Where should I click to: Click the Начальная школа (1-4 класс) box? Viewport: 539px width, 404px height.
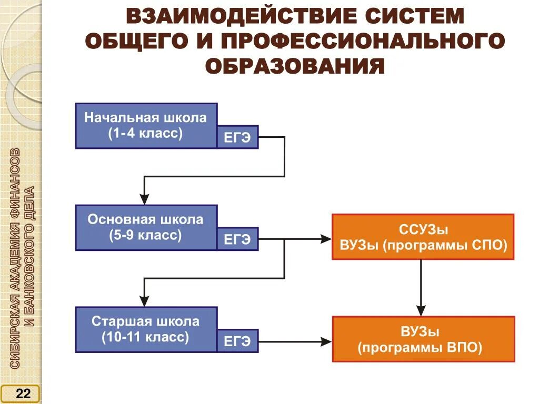pyautogui.click(x=146, y=126)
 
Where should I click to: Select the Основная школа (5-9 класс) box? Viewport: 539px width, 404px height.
pyautogui.click(x=146, y=227)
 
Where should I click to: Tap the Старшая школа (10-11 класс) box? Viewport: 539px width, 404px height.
pyautogui.click(x=146, y=329)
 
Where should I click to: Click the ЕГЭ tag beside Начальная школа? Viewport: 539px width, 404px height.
pyautogui.click(x=237, y=138)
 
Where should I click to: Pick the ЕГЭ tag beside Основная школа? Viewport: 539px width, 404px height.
pyautogui.click(x=237, y=239)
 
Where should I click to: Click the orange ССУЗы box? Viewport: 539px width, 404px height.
pyautogui.click(x=423, y=237)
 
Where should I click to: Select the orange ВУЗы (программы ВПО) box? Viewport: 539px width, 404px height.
pyautogui.click(x=423, y=339)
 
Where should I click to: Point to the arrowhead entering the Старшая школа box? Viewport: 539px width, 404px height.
pyautogui.click(x=144, y=301)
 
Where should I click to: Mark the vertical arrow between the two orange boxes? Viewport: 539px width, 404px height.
pyautogui.click(x=421, y=287)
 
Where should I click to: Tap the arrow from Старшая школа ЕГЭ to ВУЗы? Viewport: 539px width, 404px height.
pyautogui.click(x=295, y=341)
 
